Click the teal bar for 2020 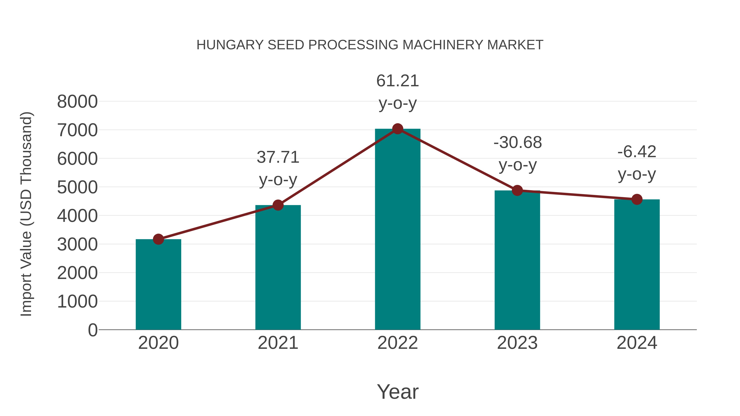point(158,284)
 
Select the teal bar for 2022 point(398,230)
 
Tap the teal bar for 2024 point(637,264)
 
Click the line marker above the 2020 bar point(158,239)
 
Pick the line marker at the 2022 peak point(398,129)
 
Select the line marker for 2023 point(517,190)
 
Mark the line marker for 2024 point(637,199)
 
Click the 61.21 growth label point(398,81)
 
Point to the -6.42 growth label point(637,152)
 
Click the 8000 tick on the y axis point(77,102)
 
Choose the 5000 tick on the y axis point(77,188)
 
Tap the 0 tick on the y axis point(93,330)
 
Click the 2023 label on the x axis point(517,343)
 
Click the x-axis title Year point(398,392)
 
